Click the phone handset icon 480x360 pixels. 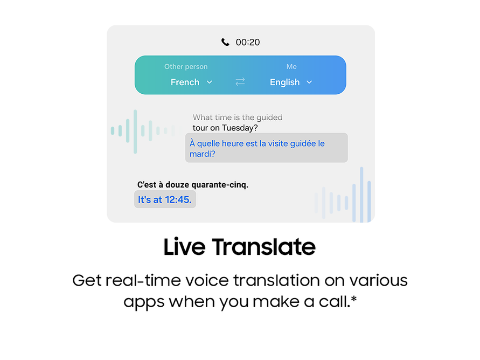(x=225, y=42)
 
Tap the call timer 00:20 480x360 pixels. (x=248, y=42)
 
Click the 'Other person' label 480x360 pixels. (x=186, y=66)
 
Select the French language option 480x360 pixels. (x=185, y=82)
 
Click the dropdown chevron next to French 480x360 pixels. (x=210, y=82)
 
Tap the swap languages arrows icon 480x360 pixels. (x=240, y=81)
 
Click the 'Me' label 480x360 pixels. (x=291, y=66)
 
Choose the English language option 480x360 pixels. (x=284, y=82)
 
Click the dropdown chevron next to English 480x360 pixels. (x=309, y=82)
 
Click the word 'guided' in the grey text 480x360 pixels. (x=269, y=117)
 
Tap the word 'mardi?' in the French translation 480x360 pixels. (x=203, y=154)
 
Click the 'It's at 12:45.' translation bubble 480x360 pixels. (x=165, y=199)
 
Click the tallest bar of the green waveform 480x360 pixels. (x=135, y=131)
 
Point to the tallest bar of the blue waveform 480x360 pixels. (x=361, y=195)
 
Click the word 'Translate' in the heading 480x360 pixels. (x=263, y=247)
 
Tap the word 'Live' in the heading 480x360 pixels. (x=184, y=247)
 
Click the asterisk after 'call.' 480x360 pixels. (x=353, y=298)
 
